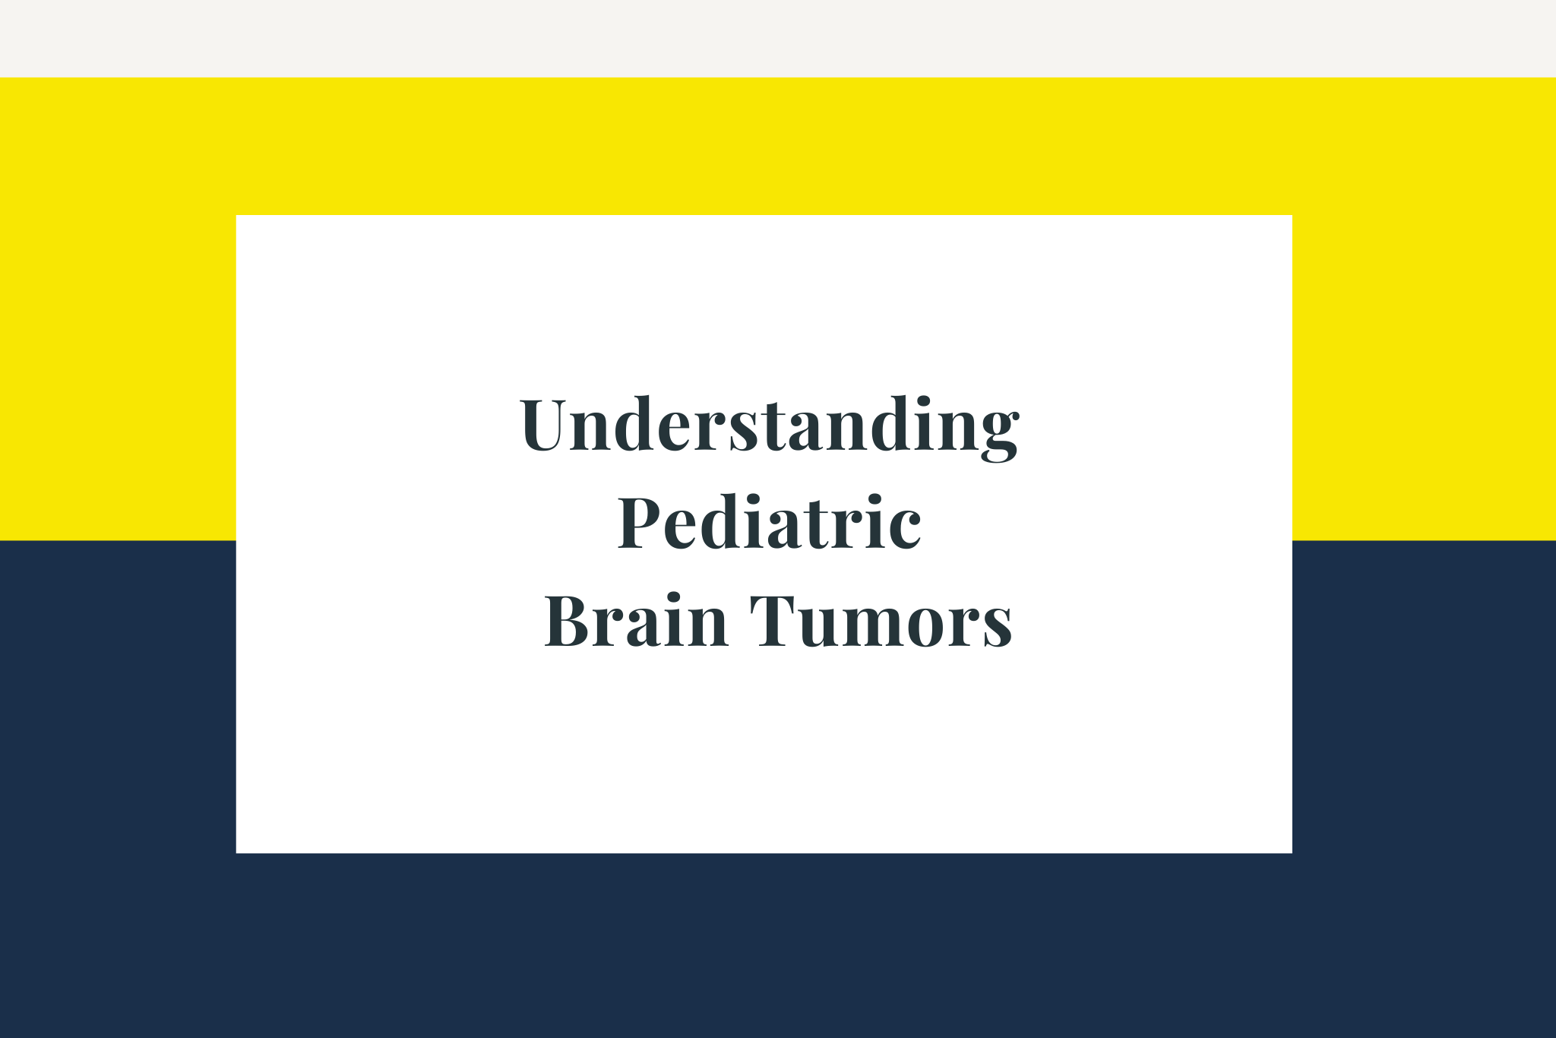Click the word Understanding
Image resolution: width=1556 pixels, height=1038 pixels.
point(770,427)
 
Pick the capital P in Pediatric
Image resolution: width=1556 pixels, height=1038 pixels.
point(643,521)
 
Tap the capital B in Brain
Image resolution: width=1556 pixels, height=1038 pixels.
point(571,619)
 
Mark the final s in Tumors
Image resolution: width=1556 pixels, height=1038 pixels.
point(998,628)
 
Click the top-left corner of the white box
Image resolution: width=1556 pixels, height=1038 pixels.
point(236,216)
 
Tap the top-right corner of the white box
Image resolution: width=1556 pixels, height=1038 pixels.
point(1292,216)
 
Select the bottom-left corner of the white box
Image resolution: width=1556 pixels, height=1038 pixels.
point(236,853)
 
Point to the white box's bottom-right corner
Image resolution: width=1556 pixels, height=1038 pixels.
point(1292,853)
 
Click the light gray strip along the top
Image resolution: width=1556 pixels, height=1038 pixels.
point(778,39)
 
